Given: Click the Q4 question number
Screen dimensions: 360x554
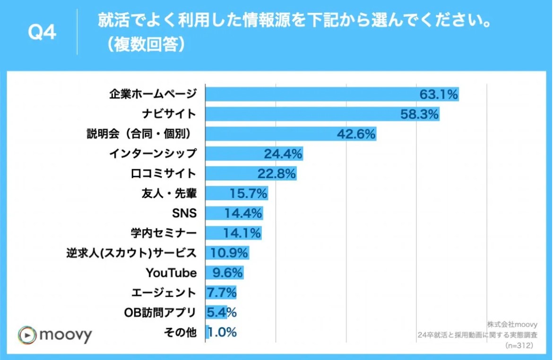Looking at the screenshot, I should [42, 33].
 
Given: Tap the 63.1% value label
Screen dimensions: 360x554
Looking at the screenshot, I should [439, 95].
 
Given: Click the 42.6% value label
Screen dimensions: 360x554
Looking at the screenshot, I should [356, 134].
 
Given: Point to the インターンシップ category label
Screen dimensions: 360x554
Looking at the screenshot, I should [152, 154].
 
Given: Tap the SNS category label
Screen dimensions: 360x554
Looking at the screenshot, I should [185, 213].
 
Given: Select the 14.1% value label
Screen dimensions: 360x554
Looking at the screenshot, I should [242, 233].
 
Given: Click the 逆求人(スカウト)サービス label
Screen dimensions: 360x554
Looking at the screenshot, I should [131, 253].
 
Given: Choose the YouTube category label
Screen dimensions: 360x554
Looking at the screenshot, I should [171, 273].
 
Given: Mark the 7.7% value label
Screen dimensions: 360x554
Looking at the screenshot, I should [222, 292].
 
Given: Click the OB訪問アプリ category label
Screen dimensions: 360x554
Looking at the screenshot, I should [160, 312].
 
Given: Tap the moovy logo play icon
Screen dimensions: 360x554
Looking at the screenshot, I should [27, 335].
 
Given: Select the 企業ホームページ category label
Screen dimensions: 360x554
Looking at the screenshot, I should [152, 94].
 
